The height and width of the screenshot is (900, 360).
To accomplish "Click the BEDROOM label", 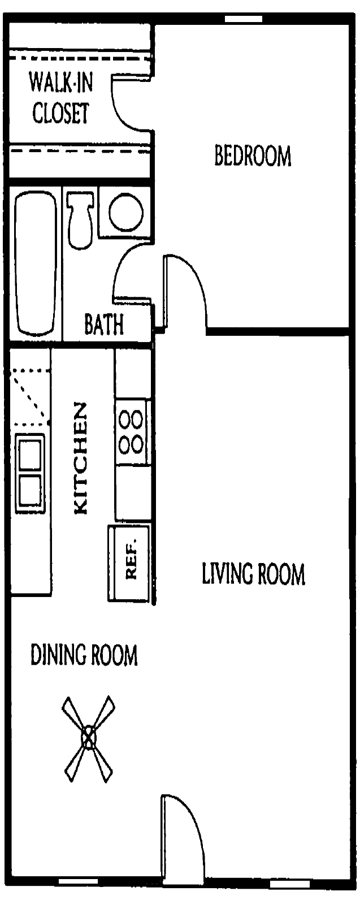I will [x=253, y=155].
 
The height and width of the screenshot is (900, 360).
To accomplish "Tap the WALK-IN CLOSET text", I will [x=60, y=98].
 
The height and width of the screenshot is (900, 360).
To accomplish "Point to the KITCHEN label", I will [x=81, y=458].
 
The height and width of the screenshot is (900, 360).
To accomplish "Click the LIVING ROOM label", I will [x=253, y=574].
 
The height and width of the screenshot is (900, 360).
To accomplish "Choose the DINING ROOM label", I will [x=84, y=656].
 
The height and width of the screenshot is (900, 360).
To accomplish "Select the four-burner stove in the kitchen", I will [x=131, y=432].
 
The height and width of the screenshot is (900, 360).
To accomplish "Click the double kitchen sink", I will [x=30, y=474].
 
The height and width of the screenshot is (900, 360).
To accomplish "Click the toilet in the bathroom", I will [x=80, y=218].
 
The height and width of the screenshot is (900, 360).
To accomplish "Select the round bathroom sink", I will [x=124, y=211].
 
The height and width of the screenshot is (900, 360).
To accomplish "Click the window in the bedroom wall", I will [x=244, y=19].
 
